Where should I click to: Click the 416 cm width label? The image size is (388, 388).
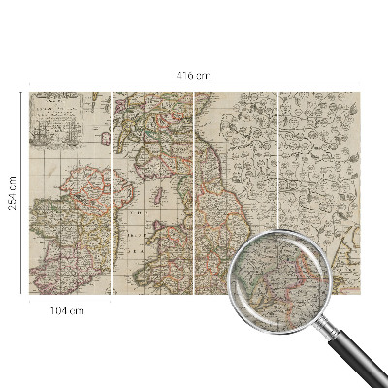pos(194,75)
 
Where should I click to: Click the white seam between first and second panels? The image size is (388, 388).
pos(112,194)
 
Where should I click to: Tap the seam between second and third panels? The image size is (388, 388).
pos(195,194)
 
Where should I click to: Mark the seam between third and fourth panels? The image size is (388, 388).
pos(278,194)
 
